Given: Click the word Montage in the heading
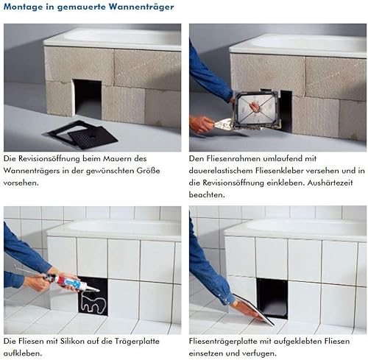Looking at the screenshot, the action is tap(23, 7).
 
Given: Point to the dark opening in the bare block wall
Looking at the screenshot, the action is tap(88, 99).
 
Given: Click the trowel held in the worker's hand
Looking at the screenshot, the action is tap(222, 124).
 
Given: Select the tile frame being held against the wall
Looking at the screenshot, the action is tap(256, 108).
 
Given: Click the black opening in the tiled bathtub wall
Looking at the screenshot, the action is tap(272, 297).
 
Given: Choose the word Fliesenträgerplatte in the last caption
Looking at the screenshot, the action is tap(226, 342).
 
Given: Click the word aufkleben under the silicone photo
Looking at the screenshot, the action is tap(23, 353).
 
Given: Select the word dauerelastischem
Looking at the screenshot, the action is tap(220, 171).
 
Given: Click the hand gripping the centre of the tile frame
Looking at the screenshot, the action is tap(254, 107).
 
